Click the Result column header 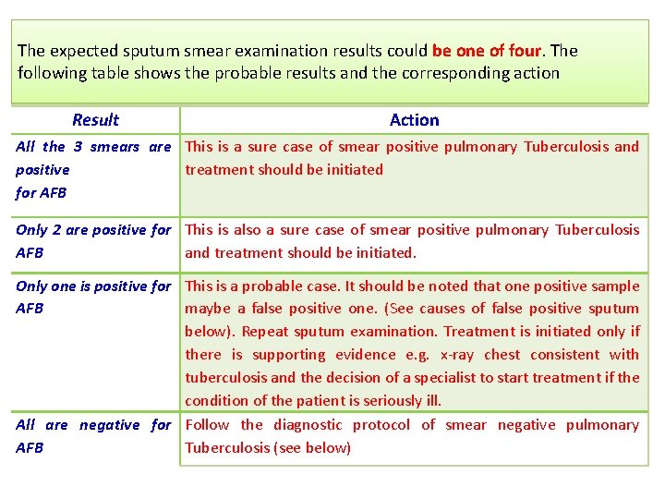(95, 120)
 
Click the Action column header (414, 120)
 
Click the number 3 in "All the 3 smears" (79, 147)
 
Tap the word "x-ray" (459, 355)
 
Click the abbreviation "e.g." (412, 355)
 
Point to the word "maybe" (206, 309)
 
